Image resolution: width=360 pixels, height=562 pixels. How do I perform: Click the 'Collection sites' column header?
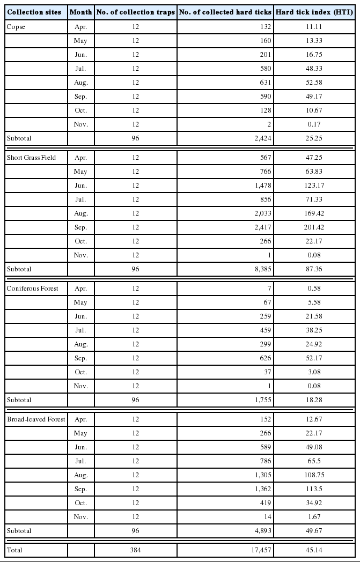click(35, 12)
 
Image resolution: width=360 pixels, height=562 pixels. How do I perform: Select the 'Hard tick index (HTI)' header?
click(314, 12)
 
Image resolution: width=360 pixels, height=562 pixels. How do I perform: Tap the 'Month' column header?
click(80, 12)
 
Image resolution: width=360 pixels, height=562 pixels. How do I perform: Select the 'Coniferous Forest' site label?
click(32, 289)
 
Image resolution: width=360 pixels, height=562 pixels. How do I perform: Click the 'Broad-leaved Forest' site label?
click(35, 419)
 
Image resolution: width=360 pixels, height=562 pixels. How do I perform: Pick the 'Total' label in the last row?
click(14, 550)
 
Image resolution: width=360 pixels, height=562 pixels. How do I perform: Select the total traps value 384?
click(135, 550)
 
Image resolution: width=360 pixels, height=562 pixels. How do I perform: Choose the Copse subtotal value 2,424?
click(261, 137)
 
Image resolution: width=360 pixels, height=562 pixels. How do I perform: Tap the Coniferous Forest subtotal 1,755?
click(261, 400)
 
